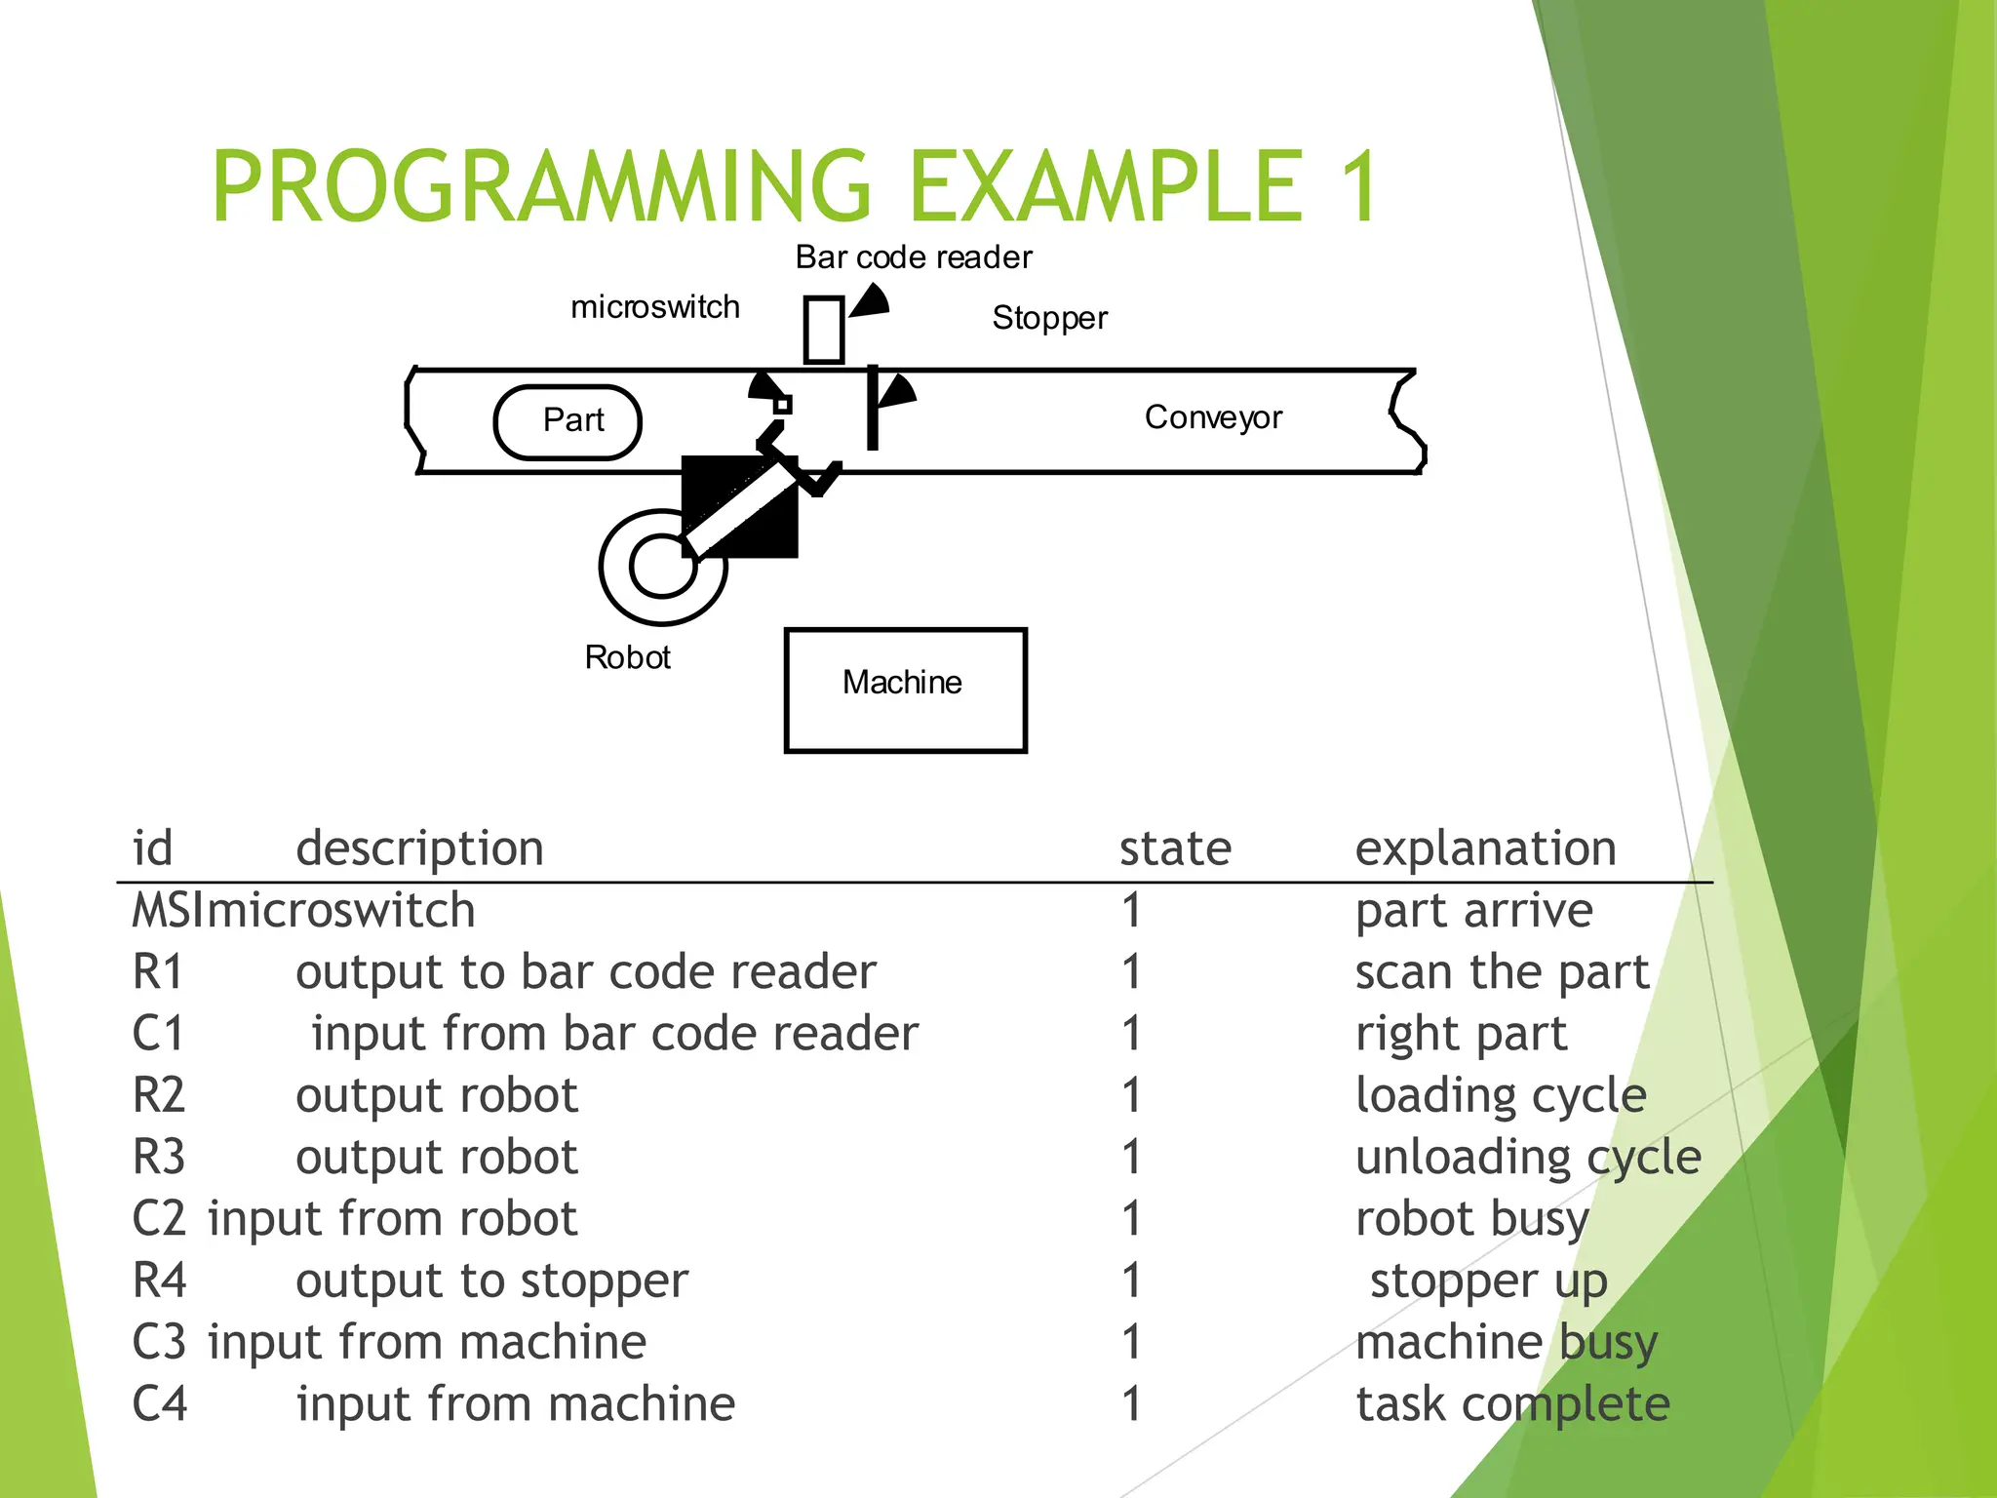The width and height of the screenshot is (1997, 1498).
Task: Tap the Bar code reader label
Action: (913, 257)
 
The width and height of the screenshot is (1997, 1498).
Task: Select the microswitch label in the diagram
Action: (654, 307)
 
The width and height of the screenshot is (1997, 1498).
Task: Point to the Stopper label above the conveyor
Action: (1049, 318)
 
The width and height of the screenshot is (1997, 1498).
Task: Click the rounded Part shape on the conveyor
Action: (568, 421)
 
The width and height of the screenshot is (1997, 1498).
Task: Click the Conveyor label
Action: (1212, 417)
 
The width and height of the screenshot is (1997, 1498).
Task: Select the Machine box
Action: (905, 690)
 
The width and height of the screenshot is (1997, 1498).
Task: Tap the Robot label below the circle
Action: (627, 657)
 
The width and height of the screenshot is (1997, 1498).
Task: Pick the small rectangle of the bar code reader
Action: (824, 330)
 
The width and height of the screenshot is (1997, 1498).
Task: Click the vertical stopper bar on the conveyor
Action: (873, 410)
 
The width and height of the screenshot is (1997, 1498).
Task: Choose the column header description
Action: (419, 848)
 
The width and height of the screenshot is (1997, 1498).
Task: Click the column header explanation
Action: (1485, 848)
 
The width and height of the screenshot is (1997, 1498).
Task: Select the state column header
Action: (1175, 848)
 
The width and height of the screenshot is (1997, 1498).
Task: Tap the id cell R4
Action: (159, 1281)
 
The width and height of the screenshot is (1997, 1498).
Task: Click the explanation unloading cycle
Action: (1527, 1158)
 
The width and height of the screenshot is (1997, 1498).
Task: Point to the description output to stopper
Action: (491, 1281)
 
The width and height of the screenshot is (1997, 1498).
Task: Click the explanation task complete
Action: (1512, 1404)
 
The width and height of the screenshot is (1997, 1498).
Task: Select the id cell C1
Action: (158, 1034)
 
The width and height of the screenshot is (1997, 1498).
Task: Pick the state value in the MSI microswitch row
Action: (1131, 911)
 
